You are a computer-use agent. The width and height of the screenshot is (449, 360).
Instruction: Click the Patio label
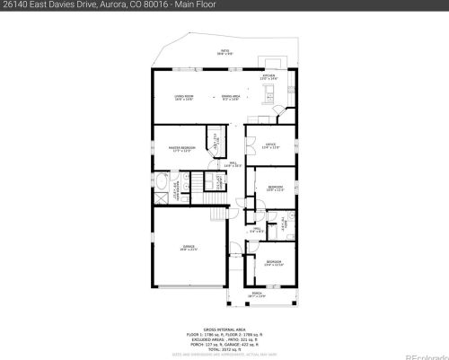[x=224, y=52]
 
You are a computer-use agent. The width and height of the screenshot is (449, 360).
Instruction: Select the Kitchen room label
[x=269, y=77]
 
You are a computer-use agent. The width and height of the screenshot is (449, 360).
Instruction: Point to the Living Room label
[x=185, y=97]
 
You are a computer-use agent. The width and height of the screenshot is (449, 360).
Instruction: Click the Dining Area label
[x=232, y=97]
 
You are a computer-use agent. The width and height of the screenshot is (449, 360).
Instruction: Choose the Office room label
[x=269, y=145]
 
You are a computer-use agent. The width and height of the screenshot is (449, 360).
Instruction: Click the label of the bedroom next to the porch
[x=274, y=264]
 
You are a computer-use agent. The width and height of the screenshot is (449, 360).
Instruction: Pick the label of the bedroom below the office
[x=276, y=189]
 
